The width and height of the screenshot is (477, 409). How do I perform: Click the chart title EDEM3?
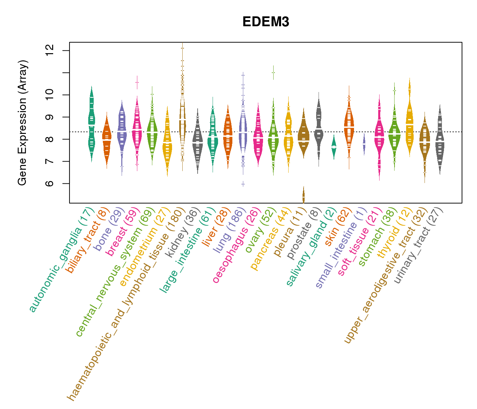(x=266, y=22)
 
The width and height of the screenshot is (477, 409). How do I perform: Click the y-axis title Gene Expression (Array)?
(x=22, y=123)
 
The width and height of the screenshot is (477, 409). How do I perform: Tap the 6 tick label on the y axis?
(x=50, y=183)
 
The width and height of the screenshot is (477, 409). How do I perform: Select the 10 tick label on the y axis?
(x=50, y=95)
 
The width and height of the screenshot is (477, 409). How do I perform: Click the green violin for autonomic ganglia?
(x=92, y=123)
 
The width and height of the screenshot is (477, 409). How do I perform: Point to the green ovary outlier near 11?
(x=273, y=72)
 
